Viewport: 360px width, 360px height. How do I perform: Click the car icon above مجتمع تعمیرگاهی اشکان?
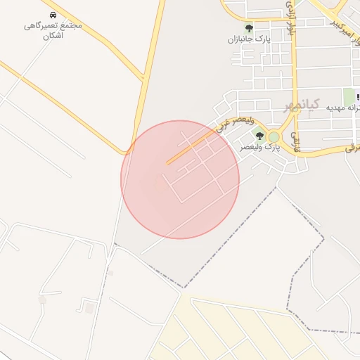click(x=53, y=15)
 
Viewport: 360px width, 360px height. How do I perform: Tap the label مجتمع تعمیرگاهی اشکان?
click(x=53, y=30)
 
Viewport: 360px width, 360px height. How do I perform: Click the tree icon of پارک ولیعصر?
click(x=259, y=136)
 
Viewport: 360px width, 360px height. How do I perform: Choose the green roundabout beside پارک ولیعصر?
click(x=274, y=136)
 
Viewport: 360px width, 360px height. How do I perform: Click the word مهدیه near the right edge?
click(x=349, y=108)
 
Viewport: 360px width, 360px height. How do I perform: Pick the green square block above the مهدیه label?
click(x=349, y=96)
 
